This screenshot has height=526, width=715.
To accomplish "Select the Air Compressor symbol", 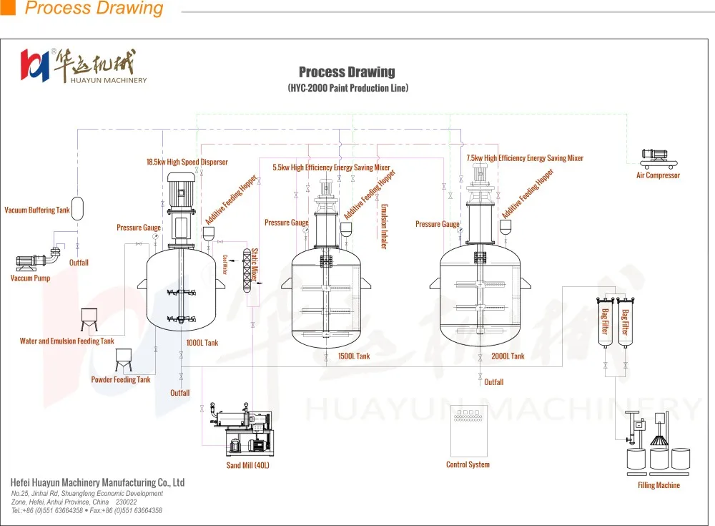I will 657,155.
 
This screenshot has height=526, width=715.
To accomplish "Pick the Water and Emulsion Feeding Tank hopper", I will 89,319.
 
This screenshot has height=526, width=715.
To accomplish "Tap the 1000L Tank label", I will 202,343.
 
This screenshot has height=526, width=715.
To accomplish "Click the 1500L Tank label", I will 353,356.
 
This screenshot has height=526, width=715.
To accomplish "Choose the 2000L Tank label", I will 508,356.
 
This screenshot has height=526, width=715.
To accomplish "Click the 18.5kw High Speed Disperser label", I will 187,162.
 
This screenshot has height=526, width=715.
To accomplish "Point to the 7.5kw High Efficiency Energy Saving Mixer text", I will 524,158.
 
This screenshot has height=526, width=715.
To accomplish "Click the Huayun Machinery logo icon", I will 34,65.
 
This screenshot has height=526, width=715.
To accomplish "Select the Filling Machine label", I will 659,485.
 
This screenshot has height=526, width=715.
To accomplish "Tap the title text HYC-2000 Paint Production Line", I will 347,88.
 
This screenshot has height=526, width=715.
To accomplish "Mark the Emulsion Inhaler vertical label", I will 384,226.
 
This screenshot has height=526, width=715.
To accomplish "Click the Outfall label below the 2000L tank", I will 493,382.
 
